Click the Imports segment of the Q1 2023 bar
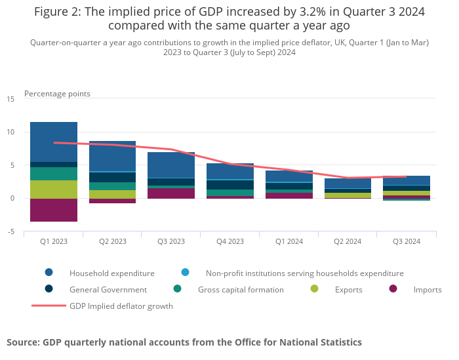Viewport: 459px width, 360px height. click(54, 210)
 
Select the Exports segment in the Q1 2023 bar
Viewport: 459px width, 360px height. click(54, 189)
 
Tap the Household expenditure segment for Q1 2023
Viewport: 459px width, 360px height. click(54, 142)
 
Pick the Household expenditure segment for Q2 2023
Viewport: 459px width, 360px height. click(112, 156)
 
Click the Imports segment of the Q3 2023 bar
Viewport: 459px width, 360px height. click(171, 193)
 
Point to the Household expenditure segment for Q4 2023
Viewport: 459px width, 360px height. click(230, 171)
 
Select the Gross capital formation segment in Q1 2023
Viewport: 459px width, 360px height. click(54, 174)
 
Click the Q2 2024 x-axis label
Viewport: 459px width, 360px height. click(348, 241)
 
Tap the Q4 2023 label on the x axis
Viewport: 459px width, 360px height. click(230, 241)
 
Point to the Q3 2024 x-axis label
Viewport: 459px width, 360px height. click(407, 241)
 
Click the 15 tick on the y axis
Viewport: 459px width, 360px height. click(10, 99)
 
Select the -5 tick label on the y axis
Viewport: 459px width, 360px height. click(10, 231)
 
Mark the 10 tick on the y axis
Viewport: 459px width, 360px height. click(10, 132)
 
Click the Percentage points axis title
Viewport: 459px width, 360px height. click(57, 94)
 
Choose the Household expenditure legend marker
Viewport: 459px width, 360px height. click(49, 273)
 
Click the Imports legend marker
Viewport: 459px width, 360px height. click(393, 289)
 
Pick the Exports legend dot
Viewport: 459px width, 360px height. click(315, 289)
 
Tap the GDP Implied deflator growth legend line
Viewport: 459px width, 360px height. click(49, 306)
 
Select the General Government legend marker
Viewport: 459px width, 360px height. click(49, 289)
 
